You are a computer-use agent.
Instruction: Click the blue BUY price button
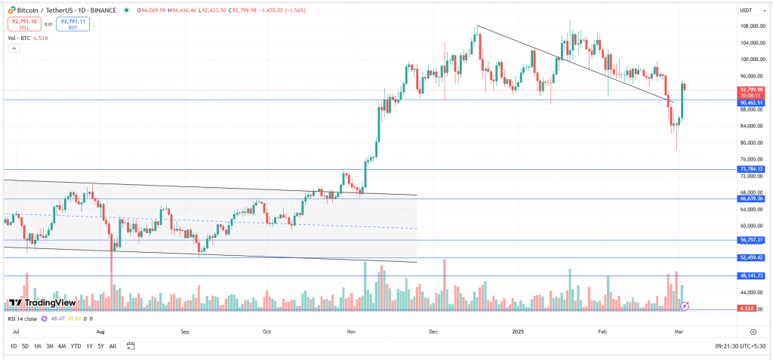72,23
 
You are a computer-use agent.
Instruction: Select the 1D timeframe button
14,346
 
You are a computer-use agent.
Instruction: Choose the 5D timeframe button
25,346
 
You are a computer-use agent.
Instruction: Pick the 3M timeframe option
50,346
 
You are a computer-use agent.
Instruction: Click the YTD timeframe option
75,346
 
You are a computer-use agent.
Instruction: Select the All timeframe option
112,346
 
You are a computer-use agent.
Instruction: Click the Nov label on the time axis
351,331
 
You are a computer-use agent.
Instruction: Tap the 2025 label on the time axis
518,331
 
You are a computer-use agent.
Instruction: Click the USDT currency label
746,11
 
